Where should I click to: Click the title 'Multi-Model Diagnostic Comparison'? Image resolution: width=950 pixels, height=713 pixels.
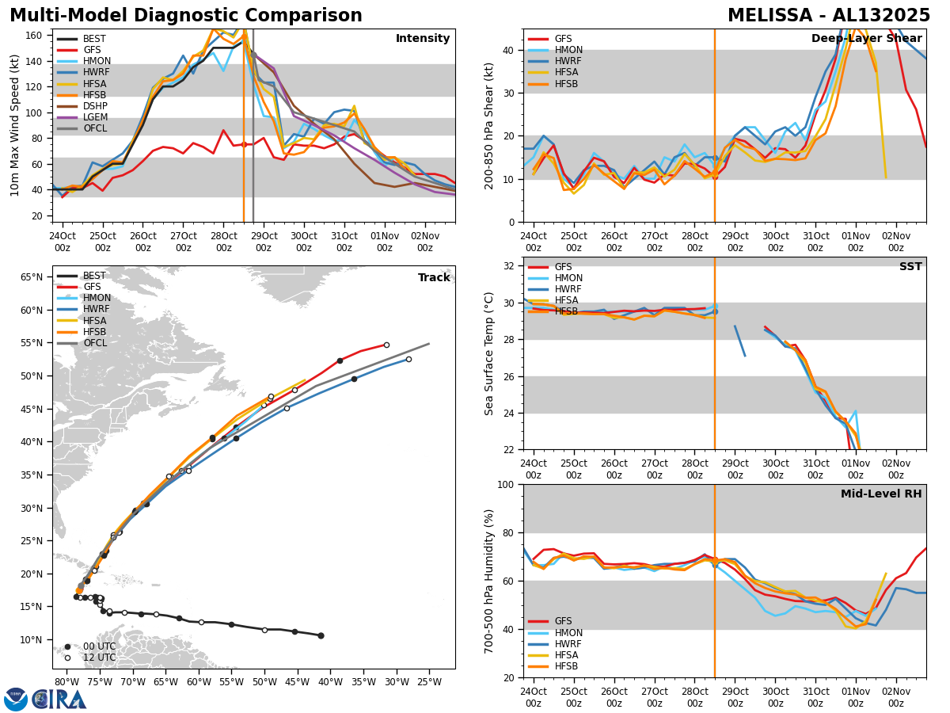click(186, 16)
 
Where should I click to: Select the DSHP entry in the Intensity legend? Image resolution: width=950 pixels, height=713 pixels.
click(94, 105)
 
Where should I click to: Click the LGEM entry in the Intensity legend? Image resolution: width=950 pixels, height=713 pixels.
click(94, 116)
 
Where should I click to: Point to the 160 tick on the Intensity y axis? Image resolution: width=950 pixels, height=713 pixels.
click(36, 36)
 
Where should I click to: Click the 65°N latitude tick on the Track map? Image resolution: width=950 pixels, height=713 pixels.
click(32, 277)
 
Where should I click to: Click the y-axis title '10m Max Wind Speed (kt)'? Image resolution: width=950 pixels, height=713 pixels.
click(15, 125)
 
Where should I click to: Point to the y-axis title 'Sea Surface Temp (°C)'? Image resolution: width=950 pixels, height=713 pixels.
click(490, 353)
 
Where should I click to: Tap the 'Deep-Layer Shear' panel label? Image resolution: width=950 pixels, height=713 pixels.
click(866, 39)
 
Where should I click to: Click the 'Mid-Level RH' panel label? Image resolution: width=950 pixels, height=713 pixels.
click(881, 494)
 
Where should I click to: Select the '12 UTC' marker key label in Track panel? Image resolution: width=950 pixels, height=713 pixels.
click(99, 658)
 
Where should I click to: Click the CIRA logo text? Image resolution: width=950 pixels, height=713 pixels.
click(59, 699)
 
